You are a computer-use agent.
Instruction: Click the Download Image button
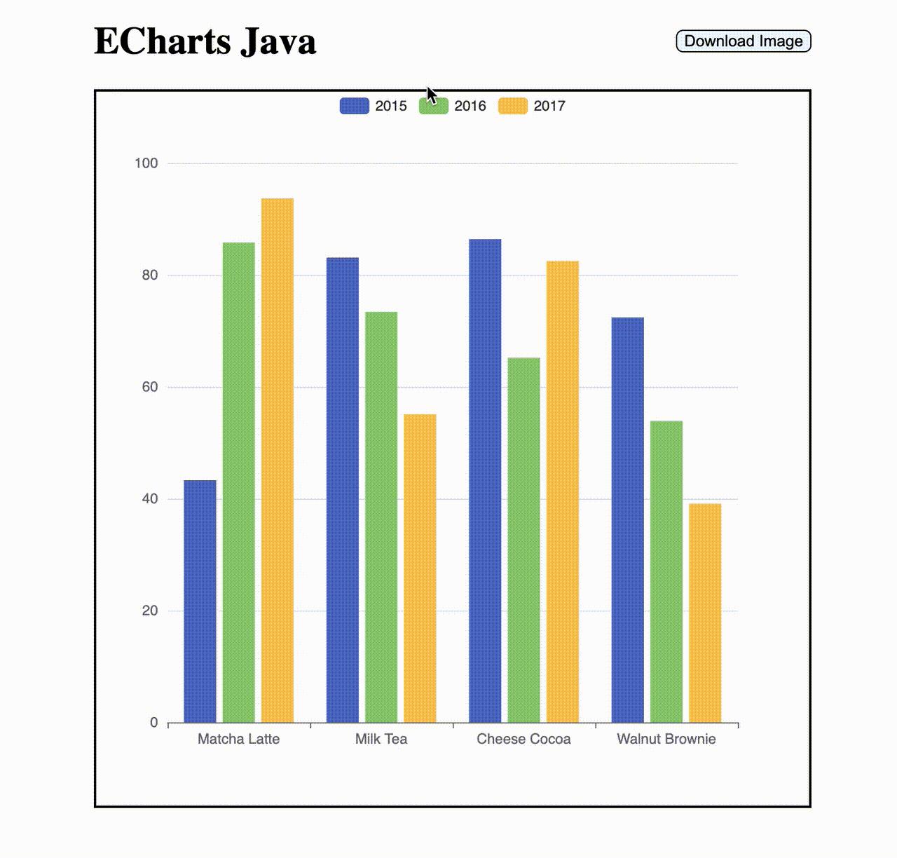tap(743, 41)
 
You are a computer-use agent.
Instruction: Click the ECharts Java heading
tap(205, 41)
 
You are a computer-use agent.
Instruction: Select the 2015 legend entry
tap(373, 106)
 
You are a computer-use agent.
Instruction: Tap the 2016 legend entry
tap(452, 106)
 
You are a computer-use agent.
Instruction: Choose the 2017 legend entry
tap(531, 106)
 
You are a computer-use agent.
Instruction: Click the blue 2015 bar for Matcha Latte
tap(200, 601)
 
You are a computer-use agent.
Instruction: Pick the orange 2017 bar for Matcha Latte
tap(278, 461)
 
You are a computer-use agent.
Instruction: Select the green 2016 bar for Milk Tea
tap(381, 517)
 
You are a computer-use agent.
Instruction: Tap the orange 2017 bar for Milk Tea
tap(420, 568)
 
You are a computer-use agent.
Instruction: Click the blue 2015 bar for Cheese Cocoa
tap(485, 480)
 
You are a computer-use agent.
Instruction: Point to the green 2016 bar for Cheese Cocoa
tap(523, 540)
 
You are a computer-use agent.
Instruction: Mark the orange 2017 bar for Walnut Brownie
tap(705, 613)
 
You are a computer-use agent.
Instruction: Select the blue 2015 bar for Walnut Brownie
tap(627, 519)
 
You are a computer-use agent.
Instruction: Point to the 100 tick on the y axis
tap(146, 163)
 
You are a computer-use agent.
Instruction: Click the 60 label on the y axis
tap(150, 387)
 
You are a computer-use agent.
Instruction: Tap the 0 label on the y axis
tap(154, 723)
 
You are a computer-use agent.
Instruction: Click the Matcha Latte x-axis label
tap(238, 739)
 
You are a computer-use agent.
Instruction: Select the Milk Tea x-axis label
tap(381, 739)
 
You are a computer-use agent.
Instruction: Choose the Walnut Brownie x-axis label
tap(666, 739)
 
